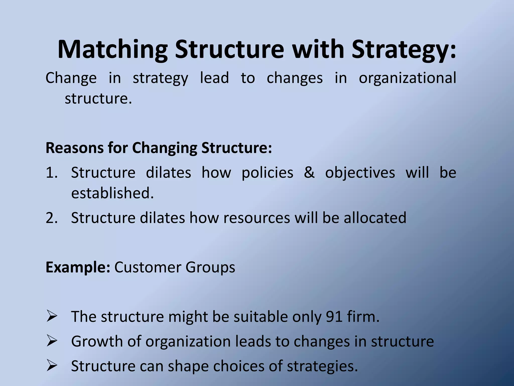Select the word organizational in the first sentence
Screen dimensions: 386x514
pyautogui.click(x=407, y=78)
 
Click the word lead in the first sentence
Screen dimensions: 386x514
pyautogui.click(x=214, y=78)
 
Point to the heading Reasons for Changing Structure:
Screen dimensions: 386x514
pyautogui.click(x=159, y=148)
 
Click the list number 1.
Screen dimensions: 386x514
pyautogui.click(x=51, y=173)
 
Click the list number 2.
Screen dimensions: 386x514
pyautogui.click(x=51, y=218)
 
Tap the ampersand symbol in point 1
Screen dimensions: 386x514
pyautogui.click(x=309, y=173)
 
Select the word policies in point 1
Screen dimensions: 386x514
pyautogui.click(x=267, y=173)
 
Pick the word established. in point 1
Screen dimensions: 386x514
pyautogui.click(x=112, y=193)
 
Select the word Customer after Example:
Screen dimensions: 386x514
pyautogui.click(x=148, y=267)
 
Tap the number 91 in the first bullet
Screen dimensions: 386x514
pyautogui.click(x=334, y=317)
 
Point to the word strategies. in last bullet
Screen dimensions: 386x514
pyautogui.click(x=322, y=366)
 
